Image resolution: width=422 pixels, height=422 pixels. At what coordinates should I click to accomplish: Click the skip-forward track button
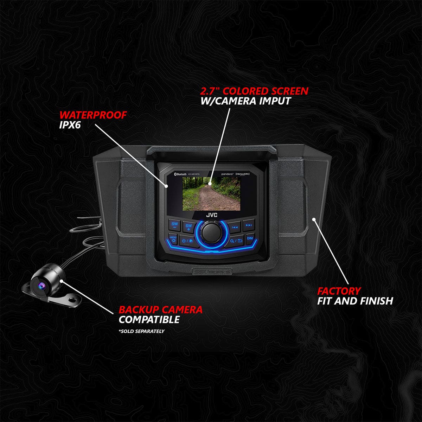pyautogui.click(x=249, y=225)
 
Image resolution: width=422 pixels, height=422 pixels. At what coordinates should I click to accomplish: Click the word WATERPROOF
pyautogui.click(x=93, y=115)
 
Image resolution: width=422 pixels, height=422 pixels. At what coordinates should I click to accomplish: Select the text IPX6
pyautogui.click(x=70, y=125)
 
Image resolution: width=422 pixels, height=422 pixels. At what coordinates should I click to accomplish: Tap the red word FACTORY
pyautogui.click(x=339, y=291)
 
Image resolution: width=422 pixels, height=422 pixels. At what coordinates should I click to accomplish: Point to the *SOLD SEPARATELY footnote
pyautogui.click(x=141, y=331)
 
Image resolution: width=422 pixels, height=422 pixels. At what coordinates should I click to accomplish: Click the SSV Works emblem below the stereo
pyautogui.click(x=212, y=271)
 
